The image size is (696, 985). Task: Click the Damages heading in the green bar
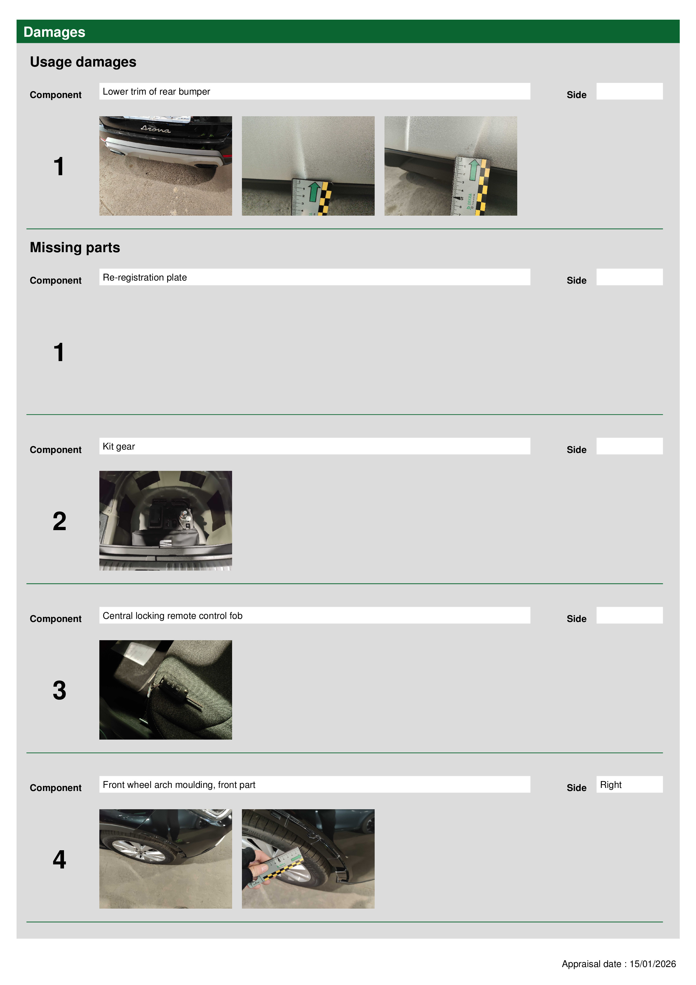point(54,32)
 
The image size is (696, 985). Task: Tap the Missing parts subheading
point(75,248)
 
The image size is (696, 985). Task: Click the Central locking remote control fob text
point(172,615)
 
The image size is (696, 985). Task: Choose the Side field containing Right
point(629,784)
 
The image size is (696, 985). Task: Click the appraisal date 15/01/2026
point(652,964)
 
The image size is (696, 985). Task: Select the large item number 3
point(59,690)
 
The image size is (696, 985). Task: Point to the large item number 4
point(59,859)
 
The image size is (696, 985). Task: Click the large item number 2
point(59,521)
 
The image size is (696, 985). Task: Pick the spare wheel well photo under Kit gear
point(166,520)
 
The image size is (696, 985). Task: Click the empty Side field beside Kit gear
point(629,446)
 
